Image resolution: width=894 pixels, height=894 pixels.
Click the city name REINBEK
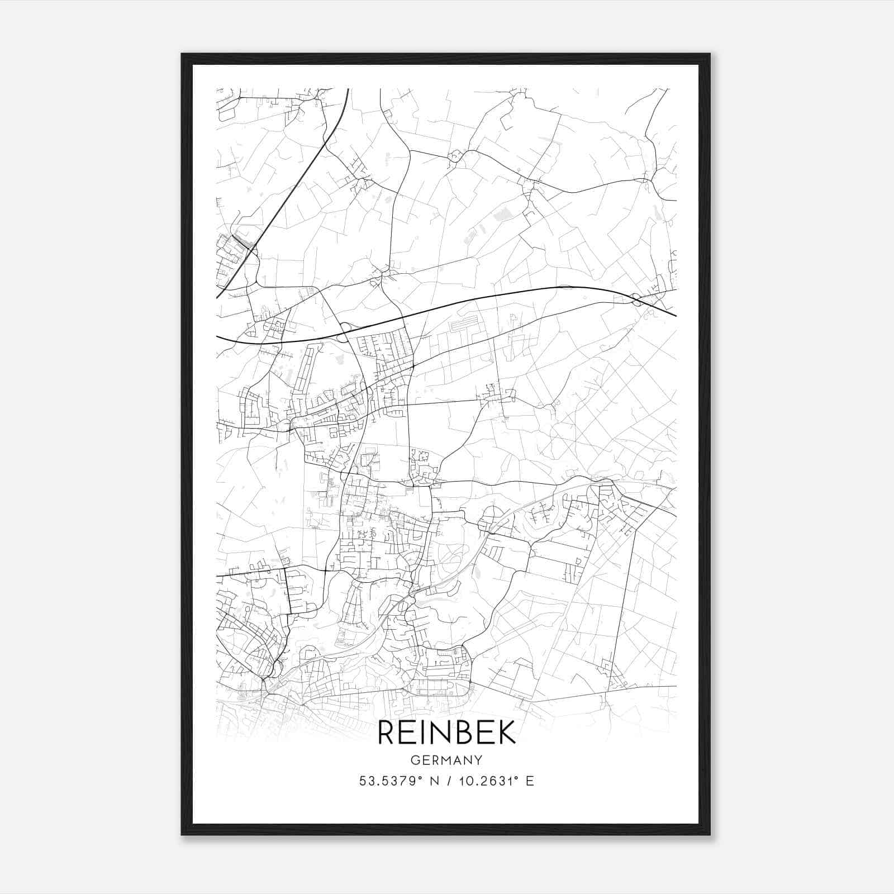coord(446,732)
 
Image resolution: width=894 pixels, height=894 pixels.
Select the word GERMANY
coord(446,760)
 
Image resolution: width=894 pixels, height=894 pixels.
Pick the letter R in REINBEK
coord(387,732)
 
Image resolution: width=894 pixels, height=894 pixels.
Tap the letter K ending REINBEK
coord(507,732)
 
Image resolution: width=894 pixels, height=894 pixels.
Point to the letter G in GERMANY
coord(414,760)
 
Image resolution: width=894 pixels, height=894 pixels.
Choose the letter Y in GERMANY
coord(479,760)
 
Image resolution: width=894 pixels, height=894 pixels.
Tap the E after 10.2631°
coord(530,781)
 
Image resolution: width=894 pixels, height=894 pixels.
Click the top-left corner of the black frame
coord(183,55)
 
